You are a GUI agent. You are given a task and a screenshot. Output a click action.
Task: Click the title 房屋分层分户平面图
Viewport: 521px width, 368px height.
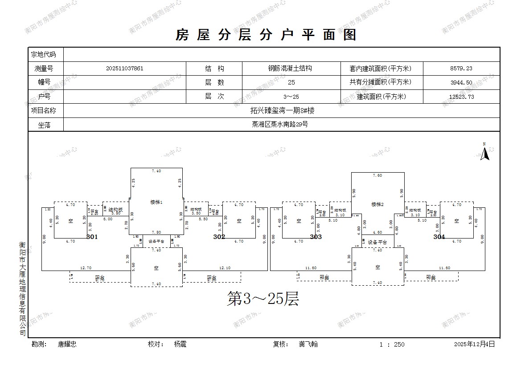[266, 35]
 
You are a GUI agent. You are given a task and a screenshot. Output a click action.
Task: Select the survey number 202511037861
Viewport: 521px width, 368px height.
[125, 69]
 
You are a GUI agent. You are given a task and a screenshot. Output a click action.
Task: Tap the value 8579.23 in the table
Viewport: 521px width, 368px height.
[461, 69]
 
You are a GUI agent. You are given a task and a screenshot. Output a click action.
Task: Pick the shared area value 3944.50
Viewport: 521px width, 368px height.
[461, 82]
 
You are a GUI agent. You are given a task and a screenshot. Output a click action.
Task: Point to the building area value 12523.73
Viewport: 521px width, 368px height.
[461, 97]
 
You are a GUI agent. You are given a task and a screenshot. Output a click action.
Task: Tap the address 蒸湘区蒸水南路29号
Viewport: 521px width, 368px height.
[280, 125]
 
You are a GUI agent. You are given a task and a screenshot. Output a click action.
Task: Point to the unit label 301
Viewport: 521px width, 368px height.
[92, 237]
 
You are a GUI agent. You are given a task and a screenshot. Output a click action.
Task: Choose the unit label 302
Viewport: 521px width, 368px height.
[219, 237]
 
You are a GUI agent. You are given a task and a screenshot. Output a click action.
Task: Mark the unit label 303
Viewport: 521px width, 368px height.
[316, 237]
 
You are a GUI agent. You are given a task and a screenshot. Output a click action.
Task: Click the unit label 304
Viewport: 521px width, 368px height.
[439, 237]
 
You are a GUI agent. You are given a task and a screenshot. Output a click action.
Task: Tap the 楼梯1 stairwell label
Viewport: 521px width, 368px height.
[156, 202]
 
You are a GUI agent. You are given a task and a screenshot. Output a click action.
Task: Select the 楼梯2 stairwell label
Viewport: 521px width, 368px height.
[377, 204]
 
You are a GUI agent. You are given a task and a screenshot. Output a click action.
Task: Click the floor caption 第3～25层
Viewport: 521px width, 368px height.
[263, 299]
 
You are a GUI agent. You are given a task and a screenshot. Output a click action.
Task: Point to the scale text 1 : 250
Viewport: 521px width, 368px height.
[392, 344]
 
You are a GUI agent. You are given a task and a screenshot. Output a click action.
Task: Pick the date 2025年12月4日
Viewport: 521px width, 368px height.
[474, 344]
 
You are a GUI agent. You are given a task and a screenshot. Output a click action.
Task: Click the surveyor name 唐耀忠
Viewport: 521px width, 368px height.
[67, 344]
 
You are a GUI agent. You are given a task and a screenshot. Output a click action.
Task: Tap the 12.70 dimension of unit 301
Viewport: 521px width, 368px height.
[86, 268]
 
